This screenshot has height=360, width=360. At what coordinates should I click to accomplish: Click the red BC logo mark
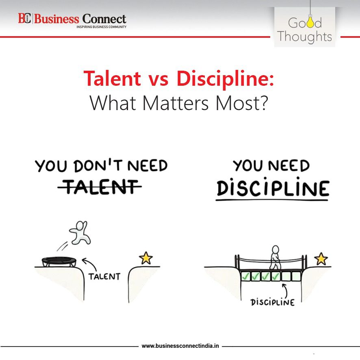24,18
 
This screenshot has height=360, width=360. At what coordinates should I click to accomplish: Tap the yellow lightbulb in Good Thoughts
310,21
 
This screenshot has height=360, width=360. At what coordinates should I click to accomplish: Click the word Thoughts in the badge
304,37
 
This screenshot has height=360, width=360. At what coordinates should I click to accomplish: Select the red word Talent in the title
112,78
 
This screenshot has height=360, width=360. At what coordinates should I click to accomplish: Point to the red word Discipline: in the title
225,78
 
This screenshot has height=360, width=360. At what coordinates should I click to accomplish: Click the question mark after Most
264,103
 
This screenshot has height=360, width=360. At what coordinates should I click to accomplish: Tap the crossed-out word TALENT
100,187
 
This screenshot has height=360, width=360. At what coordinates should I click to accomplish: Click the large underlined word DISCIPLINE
273,187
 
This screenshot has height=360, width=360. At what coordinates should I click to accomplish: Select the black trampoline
59,262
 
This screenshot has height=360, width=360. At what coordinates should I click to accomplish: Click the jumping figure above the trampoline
80,232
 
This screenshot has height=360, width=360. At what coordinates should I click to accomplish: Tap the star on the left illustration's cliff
146,258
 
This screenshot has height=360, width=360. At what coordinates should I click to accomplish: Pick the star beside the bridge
321,259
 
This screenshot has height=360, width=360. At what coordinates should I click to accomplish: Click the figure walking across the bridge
275,257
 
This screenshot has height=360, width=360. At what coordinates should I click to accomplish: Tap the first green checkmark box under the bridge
245,276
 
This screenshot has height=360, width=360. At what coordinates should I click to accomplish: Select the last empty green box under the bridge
296,276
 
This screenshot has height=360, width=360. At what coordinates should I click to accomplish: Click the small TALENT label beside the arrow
104,277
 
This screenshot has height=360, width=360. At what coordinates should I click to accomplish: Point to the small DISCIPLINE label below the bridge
273,302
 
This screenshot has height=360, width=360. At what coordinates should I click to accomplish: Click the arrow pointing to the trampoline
89,264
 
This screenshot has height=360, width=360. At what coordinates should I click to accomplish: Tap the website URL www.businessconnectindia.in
180,346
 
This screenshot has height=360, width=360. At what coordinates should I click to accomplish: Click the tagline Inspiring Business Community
101,27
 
